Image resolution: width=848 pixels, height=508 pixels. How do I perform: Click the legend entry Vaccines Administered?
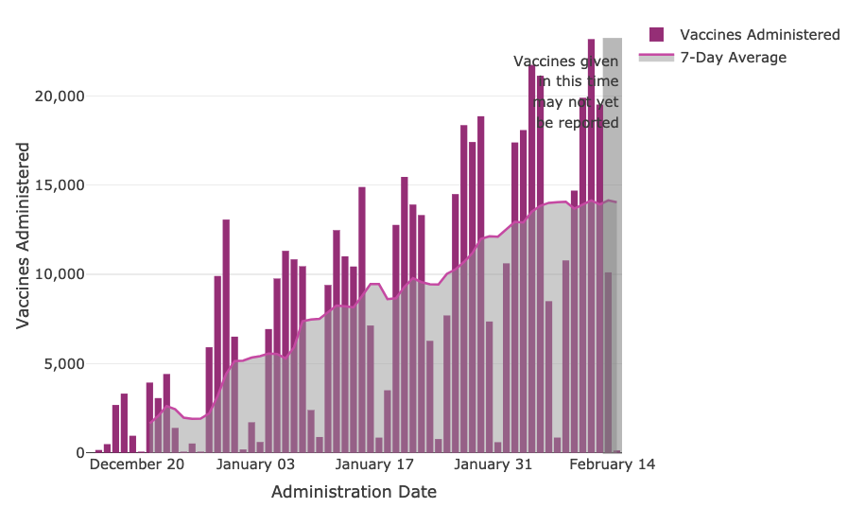[x=759, y=35]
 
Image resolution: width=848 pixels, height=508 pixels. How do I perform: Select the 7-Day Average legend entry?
[x=733, y=58]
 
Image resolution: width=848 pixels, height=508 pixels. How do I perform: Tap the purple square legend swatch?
[x=657, y=35]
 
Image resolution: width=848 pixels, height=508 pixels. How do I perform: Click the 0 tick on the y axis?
[x=79, y=453]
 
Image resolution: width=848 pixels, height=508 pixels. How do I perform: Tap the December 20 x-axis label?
[x=137, y=464]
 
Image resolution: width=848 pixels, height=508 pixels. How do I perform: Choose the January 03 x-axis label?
[x=256, y=464]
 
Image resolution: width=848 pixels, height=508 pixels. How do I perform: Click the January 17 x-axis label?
[x=375, y=464]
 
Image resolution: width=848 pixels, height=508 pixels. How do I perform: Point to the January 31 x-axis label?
[x=493, y=464]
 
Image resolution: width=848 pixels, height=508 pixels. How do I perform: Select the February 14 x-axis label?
[x=613, y=464]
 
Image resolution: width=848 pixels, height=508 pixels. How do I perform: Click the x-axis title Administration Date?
[x=354, y=492]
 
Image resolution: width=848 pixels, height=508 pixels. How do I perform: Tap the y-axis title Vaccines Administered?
[x=23, y=236]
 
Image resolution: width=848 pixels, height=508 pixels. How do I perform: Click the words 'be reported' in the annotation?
[x=578, y=123]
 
